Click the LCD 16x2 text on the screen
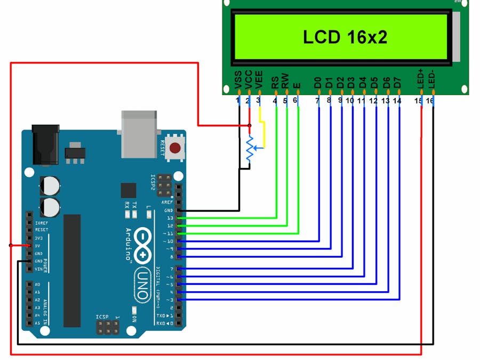345,37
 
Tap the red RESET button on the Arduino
174,148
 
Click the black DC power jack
45,144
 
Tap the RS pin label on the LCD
275,82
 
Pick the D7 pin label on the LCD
397,82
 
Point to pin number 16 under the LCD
430,101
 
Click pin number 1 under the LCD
238,100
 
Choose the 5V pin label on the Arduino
38,246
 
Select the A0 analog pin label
37,285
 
